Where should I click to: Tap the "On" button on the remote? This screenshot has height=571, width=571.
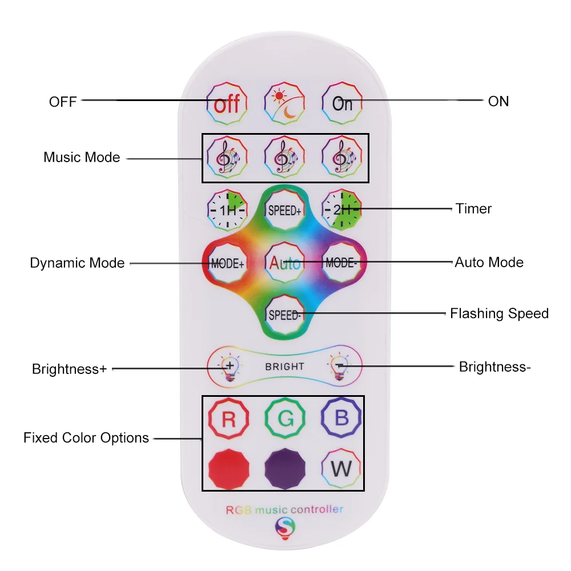342,103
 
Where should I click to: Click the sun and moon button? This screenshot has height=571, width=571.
284,103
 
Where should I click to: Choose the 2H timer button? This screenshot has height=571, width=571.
341,209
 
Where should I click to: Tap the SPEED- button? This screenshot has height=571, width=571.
284,315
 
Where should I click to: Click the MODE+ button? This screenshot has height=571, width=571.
227,263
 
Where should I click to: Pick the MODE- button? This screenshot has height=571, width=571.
341,263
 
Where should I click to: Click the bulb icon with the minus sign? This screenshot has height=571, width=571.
339,367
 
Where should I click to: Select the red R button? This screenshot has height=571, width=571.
228,419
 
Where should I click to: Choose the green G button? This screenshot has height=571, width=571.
285,419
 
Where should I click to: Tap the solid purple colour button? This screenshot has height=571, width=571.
284,469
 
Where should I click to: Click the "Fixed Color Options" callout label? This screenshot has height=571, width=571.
86,438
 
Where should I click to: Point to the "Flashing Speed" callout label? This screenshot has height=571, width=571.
498,313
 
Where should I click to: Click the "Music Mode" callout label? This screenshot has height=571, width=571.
82,158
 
